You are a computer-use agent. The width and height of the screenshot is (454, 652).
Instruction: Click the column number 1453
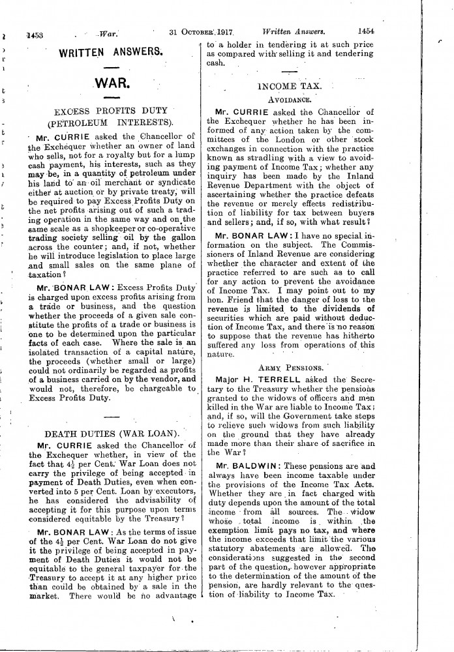click(x=31, y=31)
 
